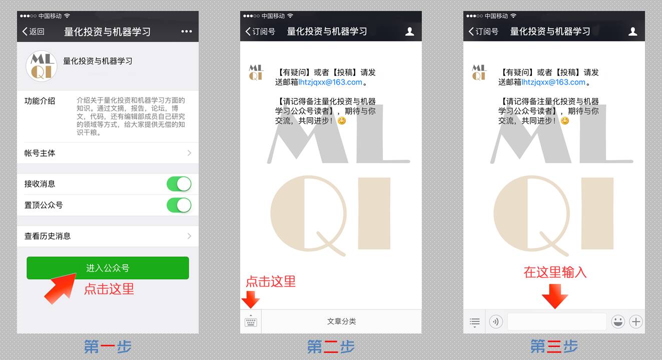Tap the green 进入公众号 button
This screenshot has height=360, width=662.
(x=108, y=268)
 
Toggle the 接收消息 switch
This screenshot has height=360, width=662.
(x=179, y=184)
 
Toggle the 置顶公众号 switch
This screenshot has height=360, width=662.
(x=179, y=205)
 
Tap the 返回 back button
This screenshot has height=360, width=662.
(x=34, y=31)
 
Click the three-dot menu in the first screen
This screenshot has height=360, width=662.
(x=187, y=31)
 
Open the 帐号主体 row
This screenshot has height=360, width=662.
(x=108, y=153)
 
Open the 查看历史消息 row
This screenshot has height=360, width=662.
(x=108, y=236)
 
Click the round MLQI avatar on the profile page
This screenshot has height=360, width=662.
(x=42, y=66)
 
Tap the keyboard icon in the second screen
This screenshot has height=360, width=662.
(x=251, y=321)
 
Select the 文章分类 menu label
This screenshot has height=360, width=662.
(x=341, y=321)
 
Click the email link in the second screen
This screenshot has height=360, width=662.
(x=330, y=82)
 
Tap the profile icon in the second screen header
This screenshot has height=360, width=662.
(x=410, y=31)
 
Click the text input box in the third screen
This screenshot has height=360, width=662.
(x=557, y=321)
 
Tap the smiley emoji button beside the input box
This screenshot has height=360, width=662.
(x=618, y=321)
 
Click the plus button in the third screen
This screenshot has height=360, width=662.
(x=636, y=321)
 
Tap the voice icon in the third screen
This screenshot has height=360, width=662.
(x=496, y=321)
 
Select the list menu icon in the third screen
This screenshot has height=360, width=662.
(x=475, y=322)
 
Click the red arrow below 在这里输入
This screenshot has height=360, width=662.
(x=555, y=296)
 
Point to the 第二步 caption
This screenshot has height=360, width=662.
(x=331, y=346)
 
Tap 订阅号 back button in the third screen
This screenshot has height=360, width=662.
(x=483, y=31)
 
